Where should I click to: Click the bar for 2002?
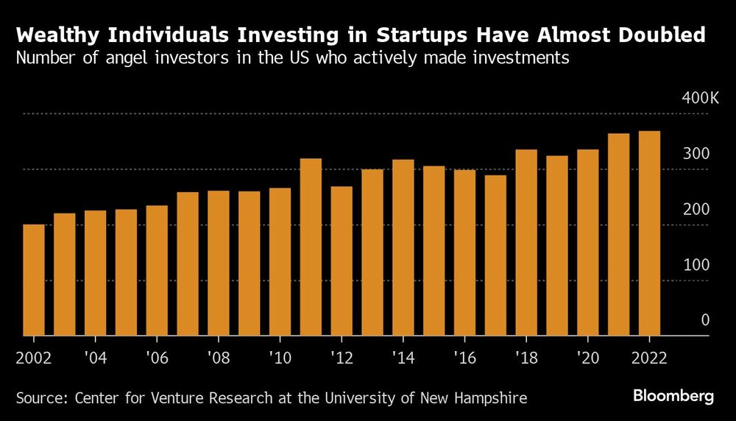point(34,280)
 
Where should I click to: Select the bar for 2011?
point(311,247)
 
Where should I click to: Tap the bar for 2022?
point(649,233)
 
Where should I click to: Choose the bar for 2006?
point(157,270)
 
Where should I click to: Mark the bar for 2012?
point(342,261)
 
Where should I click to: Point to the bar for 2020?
point(587,243)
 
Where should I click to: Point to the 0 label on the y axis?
point(704,320)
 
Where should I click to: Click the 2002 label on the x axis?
point(34,357)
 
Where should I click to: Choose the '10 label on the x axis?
point(280,357)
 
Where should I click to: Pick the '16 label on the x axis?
point(464,357)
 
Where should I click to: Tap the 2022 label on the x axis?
point(648,357)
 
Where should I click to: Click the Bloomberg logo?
point(673,397)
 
